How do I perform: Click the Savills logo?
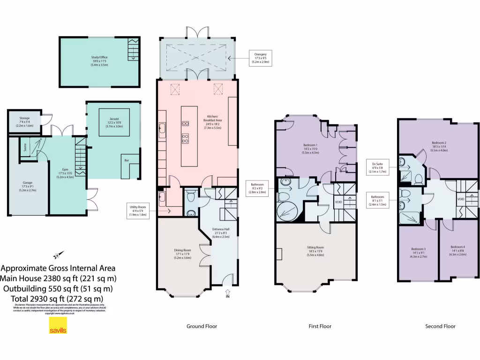58,326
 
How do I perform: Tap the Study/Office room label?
99,61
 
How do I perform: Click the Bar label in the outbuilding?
126,160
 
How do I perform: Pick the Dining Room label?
182,254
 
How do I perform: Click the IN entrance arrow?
228,294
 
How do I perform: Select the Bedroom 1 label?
310,149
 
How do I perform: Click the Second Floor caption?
440,326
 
